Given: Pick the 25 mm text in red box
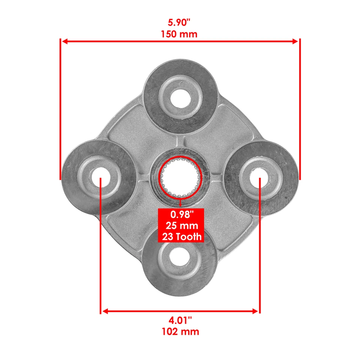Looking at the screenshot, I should (181, 226).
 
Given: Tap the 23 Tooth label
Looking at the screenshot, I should (181, 237).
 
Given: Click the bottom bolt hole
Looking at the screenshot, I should (180, 259).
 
